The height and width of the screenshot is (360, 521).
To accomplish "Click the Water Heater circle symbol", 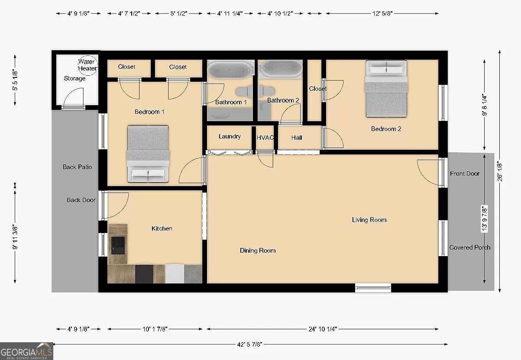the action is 87,55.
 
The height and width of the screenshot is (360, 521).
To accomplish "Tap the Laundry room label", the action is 230,136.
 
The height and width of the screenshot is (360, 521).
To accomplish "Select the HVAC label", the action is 265,138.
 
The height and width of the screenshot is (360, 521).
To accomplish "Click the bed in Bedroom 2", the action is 386,89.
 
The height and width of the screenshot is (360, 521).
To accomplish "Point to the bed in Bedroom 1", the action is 148,154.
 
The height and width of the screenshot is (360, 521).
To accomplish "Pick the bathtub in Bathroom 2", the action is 282,68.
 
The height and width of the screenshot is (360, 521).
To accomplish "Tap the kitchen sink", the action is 118,245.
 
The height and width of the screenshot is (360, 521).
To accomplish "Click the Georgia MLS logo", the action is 26,351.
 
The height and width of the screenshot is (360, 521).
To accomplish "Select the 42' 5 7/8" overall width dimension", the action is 249,344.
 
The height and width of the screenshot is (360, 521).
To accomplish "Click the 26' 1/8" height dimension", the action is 500,172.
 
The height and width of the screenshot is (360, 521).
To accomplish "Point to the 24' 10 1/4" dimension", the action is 323,329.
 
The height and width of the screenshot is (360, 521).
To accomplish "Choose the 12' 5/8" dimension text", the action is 382,13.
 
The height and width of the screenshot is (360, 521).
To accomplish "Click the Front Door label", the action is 464,174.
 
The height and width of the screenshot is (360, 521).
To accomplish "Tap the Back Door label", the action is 81,200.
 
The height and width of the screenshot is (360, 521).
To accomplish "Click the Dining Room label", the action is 258,250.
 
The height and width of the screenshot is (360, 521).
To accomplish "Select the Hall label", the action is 297,138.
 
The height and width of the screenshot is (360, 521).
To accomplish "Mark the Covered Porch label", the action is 470,247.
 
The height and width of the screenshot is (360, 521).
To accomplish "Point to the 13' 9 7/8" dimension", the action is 484,219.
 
